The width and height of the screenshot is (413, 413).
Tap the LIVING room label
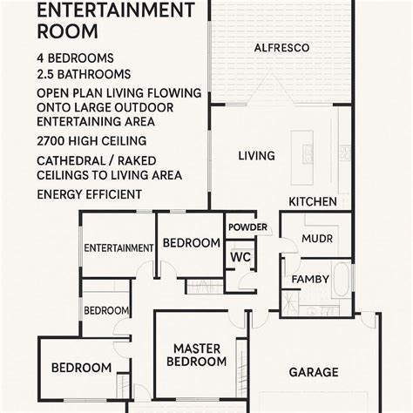click(x=256, y=156)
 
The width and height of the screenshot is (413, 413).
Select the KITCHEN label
click(x=313, y=201)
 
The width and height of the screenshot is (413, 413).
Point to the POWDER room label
click(x=247, y=227)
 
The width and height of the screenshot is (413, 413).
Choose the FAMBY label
click(x=310, y=279)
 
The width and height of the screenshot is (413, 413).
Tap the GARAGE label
click(x=314, y=372)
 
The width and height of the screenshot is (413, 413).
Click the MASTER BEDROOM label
click(x=197, y=355)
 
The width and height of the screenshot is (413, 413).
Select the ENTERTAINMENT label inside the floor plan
click(x=118, y=247)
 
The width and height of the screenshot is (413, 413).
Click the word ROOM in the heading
click(x=64, y=33)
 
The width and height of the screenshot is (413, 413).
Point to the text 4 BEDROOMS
click(x=77, y=58)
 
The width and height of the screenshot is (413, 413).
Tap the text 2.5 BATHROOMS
click(x=85, y=74)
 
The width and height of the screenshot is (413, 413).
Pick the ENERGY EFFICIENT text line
click(x=90, y=193)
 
